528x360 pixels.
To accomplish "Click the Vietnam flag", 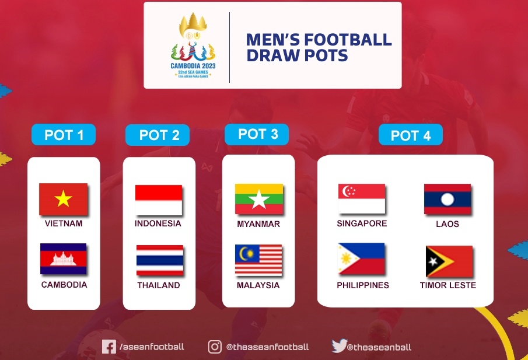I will (63, 199).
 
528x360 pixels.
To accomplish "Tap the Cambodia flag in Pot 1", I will (63, 259).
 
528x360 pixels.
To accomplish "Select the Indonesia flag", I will (158, 200).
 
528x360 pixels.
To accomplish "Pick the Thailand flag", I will (159, 260).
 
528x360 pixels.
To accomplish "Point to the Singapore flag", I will (361, 199).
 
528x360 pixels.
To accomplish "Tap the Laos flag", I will (447, 200).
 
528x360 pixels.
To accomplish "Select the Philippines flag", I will (361, 259).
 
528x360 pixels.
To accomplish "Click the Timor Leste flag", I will (449, 261).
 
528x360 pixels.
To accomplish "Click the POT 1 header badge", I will (63, 135).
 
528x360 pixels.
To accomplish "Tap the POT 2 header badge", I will (158, 135).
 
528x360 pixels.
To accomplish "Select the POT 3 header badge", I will (258, 134).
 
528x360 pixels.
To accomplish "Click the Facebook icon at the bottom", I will (109, 347).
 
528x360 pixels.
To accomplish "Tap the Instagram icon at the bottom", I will (215, 347).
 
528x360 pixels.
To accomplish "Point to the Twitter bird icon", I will (339, 346).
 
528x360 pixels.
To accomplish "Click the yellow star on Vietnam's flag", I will (63, 200).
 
